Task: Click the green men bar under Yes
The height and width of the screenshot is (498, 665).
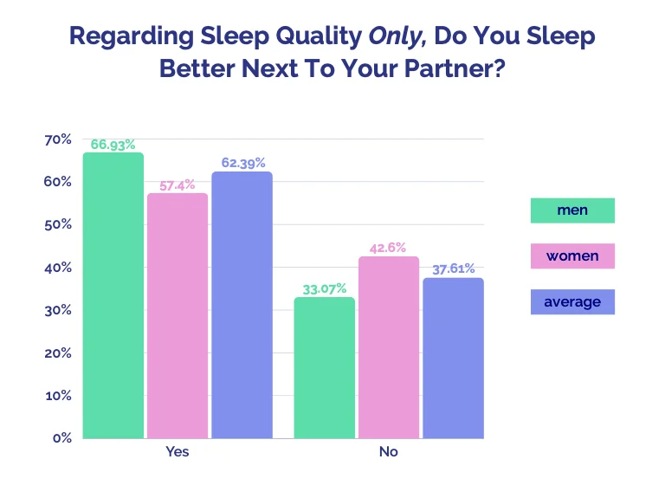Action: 113,295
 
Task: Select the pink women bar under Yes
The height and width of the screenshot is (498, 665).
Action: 178,315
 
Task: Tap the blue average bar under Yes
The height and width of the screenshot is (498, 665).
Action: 242,305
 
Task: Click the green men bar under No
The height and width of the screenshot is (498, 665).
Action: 325,367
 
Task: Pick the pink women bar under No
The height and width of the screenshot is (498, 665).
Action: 389,346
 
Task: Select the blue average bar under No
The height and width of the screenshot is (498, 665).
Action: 453,358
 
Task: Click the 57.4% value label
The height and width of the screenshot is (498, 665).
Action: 178,184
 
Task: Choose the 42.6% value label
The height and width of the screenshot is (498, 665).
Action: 389,248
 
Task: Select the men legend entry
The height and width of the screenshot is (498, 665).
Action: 572,210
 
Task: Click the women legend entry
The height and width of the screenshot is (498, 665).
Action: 572,256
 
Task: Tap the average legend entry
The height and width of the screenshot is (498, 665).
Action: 572,301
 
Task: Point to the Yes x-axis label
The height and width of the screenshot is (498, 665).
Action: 178,453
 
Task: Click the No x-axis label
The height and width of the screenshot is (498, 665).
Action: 389,453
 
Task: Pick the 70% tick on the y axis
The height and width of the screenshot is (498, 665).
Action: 57,139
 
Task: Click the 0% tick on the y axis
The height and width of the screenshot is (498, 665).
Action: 61,438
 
